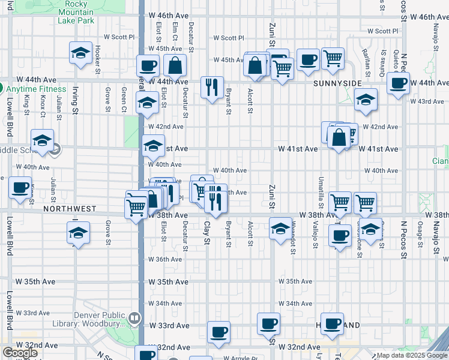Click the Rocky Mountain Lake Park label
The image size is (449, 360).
(x=76, y=12)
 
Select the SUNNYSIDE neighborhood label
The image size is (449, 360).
(x=338, y=83)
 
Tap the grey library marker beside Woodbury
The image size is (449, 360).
(x=135, y=318)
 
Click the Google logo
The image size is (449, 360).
(x=20, y=353)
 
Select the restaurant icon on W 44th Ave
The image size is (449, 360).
(x=211, y=88)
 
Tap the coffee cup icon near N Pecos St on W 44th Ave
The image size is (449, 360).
(x=398, y=83)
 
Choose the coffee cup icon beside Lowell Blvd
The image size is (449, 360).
(x=20, y=187)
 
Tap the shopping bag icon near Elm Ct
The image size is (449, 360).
(x=175, y=65)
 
